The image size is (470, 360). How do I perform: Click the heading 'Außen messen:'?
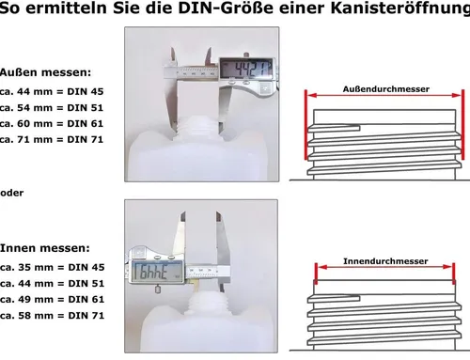click(x=46, y=72)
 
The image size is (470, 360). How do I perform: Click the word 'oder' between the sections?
click(x=11, y=192)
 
